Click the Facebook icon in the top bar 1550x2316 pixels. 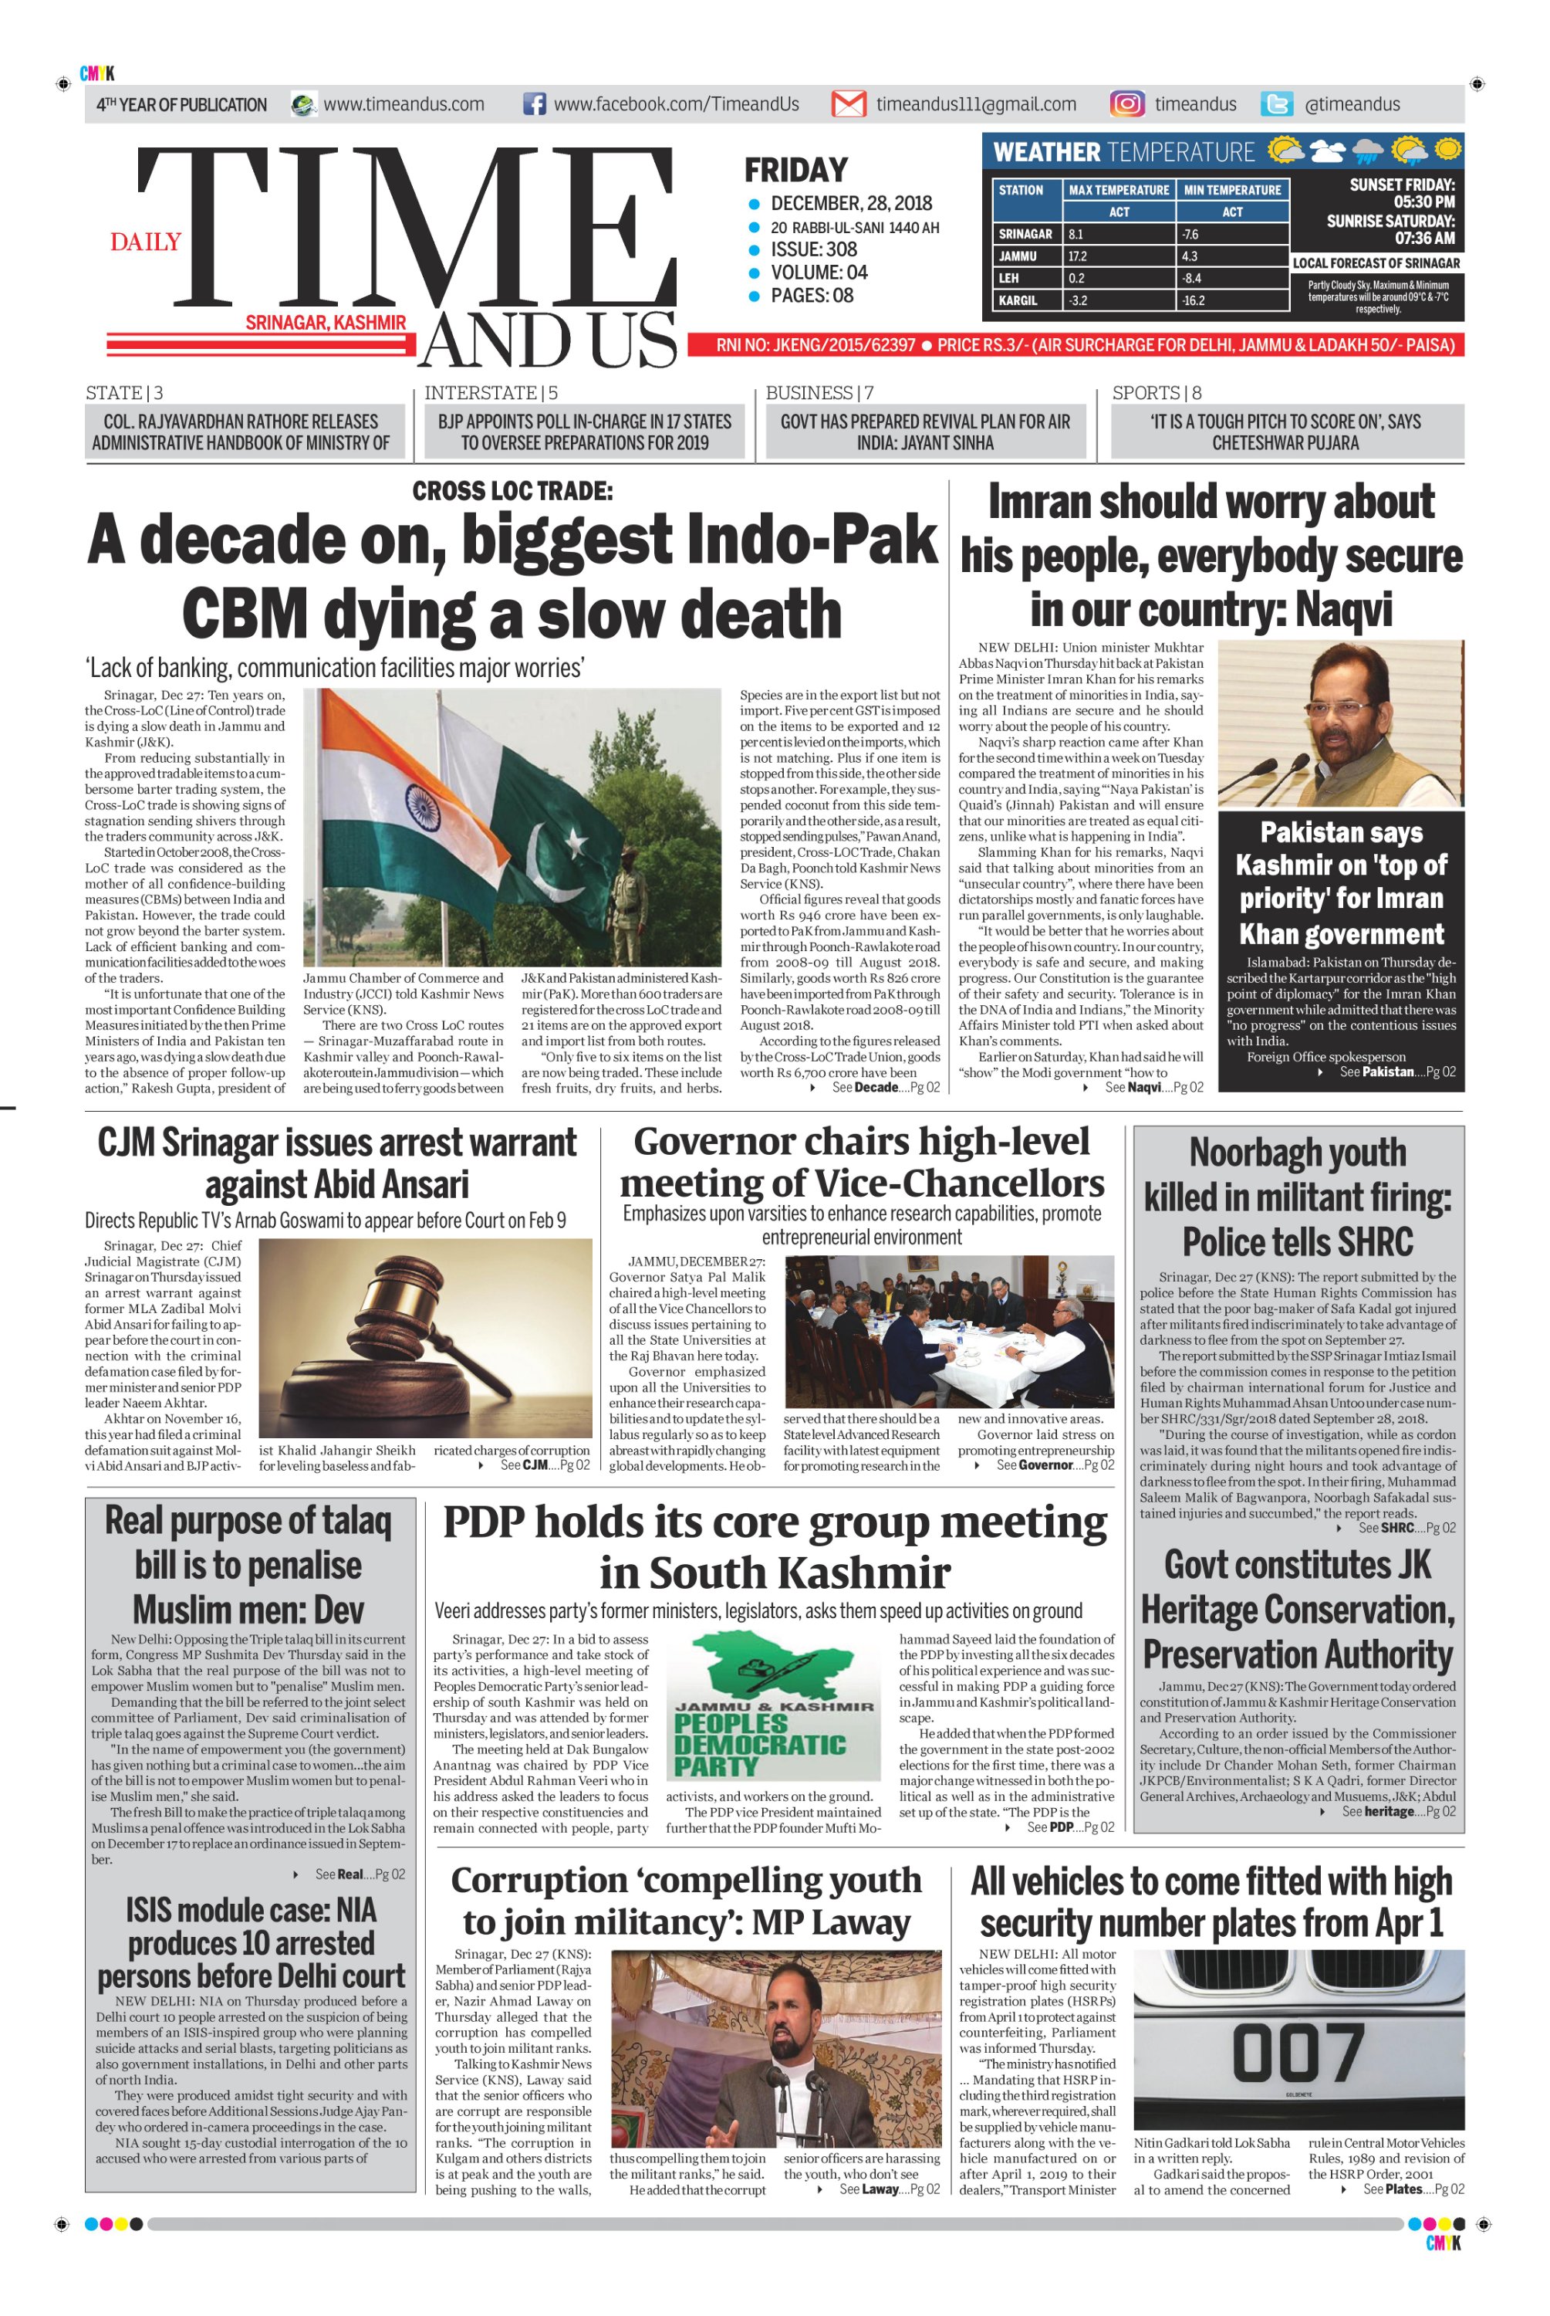(x=534, y=104)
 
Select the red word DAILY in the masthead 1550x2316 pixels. (x=145, y=242)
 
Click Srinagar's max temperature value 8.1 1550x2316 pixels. (x=1076, y=235)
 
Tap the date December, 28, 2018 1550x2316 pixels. (x=850, y=204)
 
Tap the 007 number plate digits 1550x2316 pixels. (x=1297, y=2054)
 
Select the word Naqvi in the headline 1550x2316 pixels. (x=1342, y=609)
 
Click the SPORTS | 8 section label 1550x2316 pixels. (x=1156, y=393)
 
